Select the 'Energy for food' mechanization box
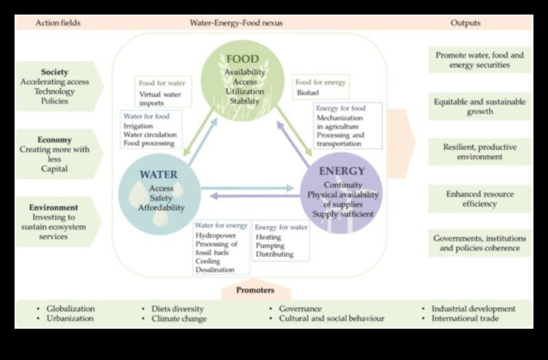click(x=348, y=126)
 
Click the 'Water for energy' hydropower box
click(x=220, y=247)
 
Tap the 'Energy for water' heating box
click(x=280, y=240)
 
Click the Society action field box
click(x=55, y=87)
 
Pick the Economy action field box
click(x=55, y=153)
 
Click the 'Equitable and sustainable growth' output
click(x=479, y=107)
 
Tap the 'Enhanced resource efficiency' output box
click(x=479, y=199)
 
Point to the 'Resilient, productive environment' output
click(x=479, y=152)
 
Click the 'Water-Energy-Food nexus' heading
click(x=236, y=23)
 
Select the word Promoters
click(x=255, y=290)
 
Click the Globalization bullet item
click(x=70, y=308)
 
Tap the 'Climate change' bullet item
click(x=179, y=319)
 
